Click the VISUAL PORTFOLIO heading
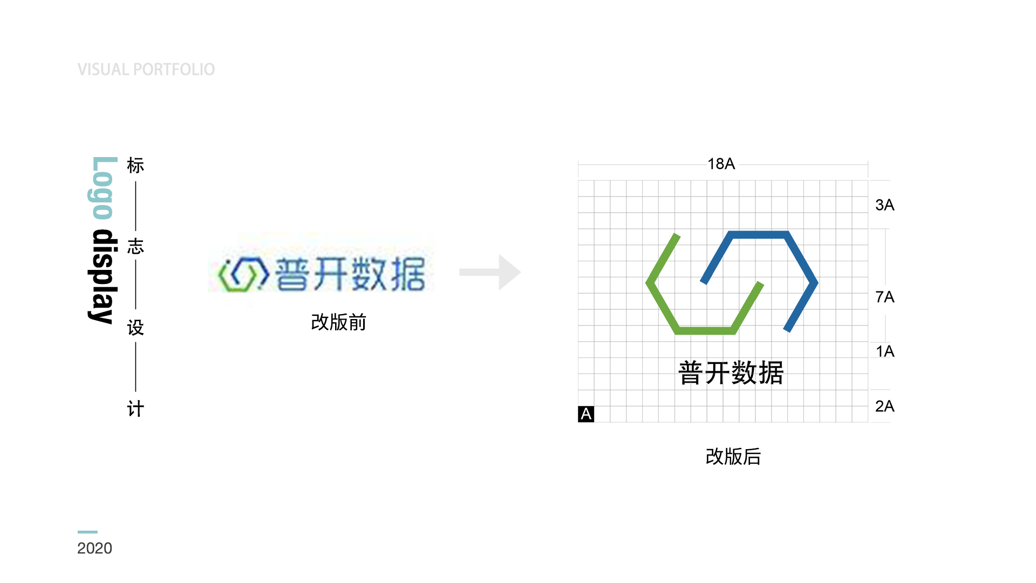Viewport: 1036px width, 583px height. click(x=146, y=70)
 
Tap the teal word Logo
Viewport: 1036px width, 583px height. click(x=103, y=188)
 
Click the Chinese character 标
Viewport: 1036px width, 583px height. click(x=135, y=166)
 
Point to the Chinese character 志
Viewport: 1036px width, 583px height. click(x=135, y=247)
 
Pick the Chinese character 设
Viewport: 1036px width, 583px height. click(x=135, y=328)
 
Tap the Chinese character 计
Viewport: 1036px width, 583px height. click(x=135, y=409)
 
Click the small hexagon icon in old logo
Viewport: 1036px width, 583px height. click(x=243, y=274)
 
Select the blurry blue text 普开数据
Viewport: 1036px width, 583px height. click(x=350, y=274)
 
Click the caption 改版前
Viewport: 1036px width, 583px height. click(x=338, y=322)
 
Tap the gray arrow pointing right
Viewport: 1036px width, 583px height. click(x=490, y=272)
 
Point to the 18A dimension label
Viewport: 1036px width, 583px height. click(x=721, y=164)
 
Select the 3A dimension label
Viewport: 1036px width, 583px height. click(x=884, y=205)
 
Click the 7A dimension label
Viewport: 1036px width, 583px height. click(x=884, y=297)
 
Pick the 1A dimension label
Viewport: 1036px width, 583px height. click(x=884, y=351)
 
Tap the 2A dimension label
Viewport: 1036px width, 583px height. click(x=884, y=406)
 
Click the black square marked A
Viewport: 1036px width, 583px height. click(x=586, y=414)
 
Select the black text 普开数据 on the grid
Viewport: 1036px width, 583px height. click(x=731, y=373)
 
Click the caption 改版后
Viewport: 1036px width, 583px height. click(x=733, y=457)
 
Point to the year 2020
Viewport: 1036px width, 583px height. click(x=94, y=548)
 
